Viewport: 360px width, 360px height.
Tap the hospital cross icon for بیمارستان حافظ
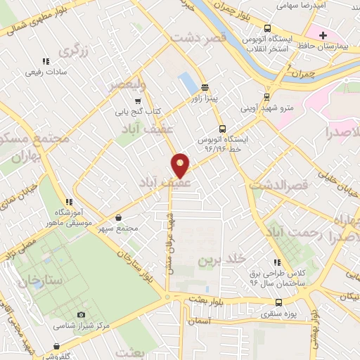[x=323, y=34]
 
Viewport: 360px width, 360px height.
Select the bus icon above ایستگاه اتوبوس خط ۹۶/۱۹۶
[x=221, y=129]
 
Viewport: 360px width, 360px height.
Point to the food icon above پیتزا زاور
[x=205, y=88]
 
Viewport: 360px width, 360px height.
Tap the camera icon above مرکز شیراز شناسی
[x=81, y=314]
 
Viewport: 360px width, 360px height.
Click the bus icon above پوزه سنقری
[x=279, y=302]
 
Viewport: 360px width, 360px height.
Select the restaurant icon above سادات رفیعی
[x=46, y=60]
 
